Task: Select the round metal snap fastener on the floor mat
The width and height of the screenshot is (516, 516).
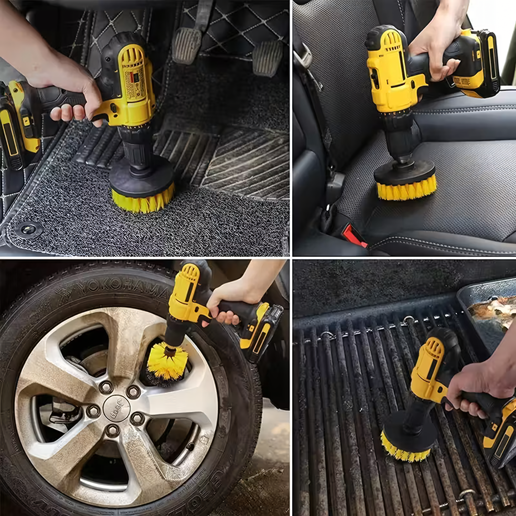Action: tap(28, 229)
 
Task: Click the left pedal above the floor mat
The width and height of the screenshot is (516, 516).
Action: tap(186, 45)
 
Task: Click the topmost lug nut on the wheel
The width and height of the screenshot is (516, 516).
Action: tap(106, 387)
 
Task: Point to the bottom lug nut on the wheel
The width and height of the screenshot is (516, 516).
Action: tap(113, 431)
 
